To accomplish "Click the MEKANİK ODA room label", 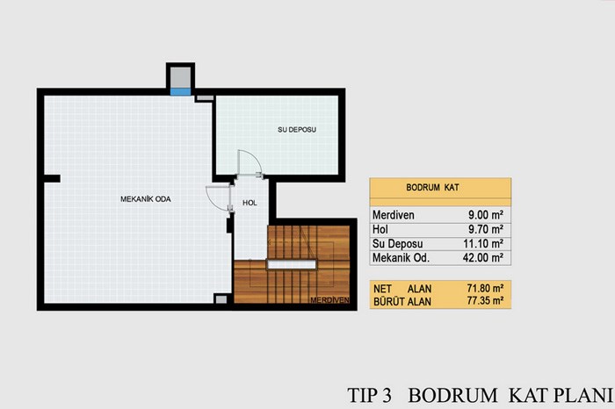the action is pos(146,199).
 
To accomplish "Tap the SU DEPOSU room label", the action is pos(297,130).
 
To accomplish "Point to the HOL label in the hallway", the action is pos(250,203).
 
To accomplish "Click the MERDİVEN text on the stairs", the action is pos(329,300).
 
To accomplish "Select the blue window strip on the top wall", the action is pos(180,91).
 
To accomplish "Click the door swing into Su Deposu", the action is pos(250,162).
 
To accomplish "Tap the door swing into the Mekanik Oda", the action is pos(218,198).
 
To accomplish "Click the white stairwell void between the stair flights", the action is pos(292,264).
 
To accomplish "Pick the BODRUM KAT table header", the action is pos(432,187).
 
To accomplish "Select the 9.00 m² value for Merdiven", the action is pos(486,215).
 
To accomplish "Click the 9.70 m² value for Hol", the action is pos(486,229).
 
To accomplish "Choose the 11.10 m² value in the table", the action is pos(483,244).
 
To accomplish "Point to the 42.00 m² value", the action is pos(483,258).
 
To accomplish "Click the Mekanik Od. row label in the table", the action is pos(401,258).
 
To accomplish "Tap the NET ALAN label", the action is pos(402,289).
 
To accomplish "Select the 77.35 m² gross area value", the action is pos(485,301).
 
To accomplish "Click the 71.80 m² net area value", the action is pos(485,289).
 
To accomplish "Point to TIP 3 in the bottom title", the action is pos(370,395).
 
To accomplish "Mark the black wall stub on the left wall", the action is pos(52,179).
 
